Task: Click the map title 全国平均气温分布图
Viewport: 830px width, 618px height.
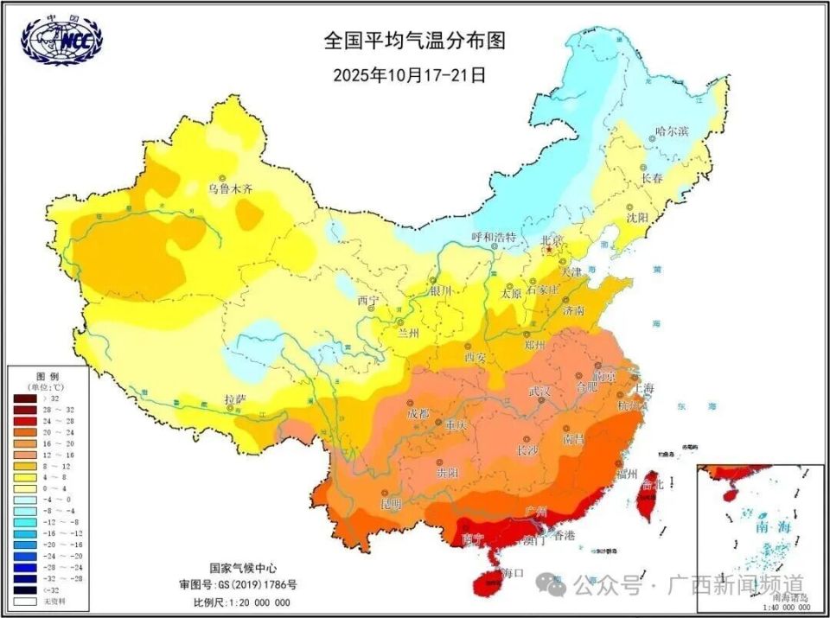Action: (414, 40)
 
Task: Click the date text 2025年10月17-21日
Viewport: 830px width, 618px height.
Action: (409, 74)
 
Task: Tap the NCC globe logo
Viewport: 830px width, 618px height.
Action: (60, 41)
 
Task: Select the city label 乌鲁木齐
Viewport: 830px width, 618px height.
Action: (231, 188)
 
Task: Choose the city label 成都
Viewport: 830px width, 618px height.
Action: (418, 413)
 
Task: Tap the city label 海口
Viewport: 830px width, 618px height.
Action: (513, 572)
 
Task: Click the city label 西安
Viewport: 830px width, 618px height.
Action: (476, 356)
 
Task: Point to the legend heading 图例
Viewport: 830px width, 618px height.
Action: (47, 377)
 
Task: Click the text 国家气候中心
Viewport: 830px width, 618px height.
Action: (243, 568)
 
